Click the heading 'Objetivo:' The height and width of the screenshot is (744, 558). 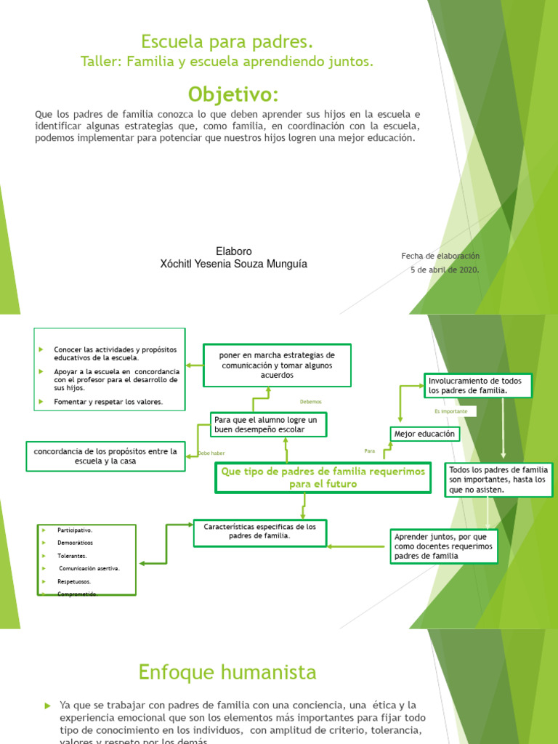tap(232, 94)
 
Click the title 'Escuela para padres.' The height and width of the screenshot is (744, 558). tap(227, 41)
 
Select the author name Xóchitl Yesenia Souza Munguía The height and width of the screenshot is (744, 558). tap(233, 264)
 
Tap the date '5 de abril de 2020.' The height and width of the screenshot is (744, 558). tap(445, 270)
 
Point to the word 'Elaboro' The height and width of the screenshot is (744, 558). tap(234, 251)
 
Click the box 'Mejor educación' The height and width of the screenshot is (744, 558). tap(425, 434)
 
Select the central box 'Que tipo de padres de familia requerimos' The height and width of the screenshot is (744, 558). tap(323, 478)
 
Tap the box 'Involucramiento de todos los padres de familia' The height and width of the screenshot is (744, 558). tap(477, 386)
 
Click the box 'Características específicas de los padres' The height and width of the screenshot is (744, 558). tap(259, 531)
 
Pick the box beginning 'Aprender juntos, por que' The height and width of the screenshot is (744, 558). tap(443, 546)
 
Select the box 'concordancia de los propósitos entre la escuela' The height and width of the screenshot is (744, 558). tap(105, 456)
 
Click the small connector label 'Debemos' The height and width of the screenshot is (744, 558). tap(310, 402)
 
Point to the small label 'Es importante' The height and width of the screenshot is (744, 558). tap(456, 411)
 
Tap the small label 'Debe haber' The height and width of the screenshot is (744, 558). tap(211, 453)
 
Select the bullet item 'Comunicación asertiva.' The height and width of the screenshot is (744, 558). tap(89, 569)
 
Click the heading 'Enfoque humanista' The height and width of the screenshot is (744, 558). tap(227, 673)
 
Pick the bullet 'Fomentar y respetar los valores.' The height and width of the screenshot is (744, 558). tap(108, 402)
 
